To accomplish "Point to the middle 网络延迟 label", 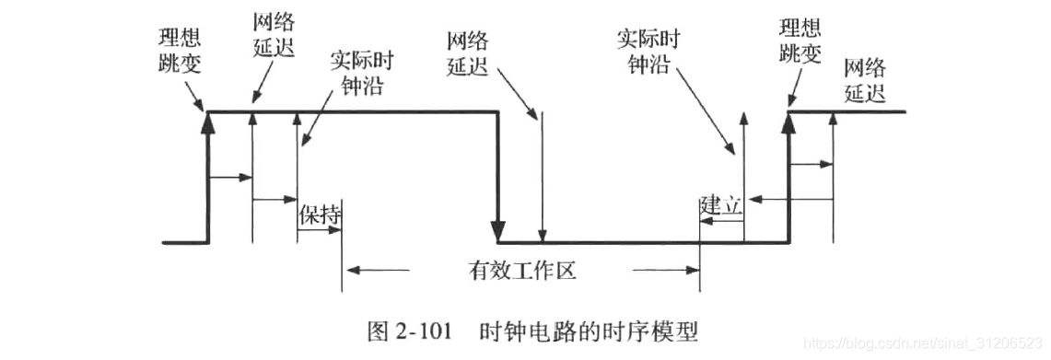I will click(468, 54).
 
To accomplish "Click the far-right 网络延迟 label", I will click(864, 79).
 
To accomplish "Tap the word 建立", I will click(721, 204).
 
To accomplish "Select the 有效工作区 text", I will click(521, 270).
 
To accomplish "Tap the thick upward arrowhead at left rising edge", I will click(207, 122).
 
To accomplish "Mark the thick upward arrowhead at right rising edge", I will click(789, 122).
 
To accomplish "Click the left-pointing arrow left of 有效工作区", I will click(356, 270).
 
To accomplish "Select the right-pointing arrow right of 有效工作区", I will click(690, 270).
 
